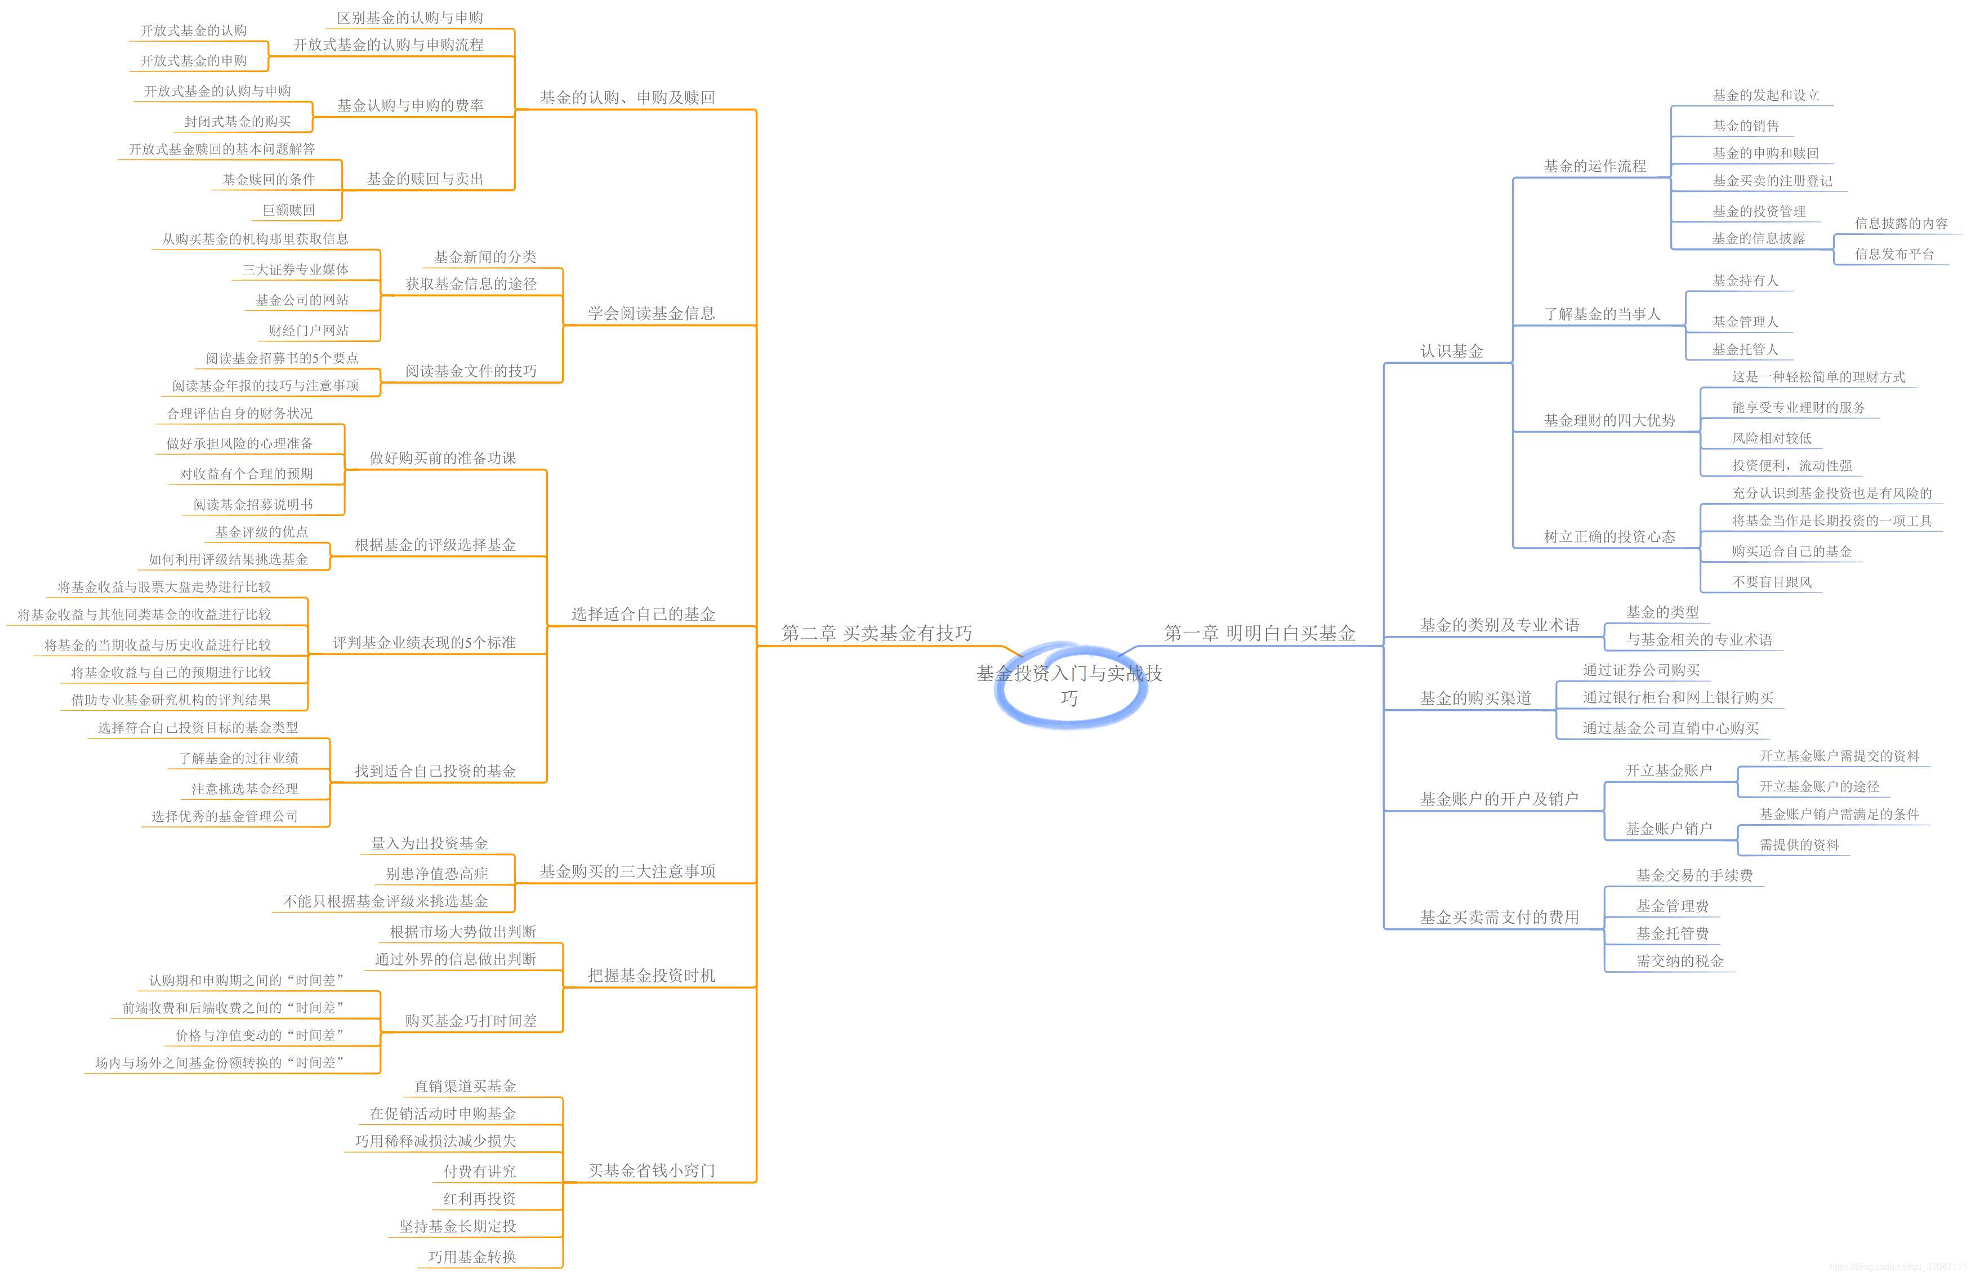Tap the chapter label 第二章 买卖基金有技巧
tap(876, 634)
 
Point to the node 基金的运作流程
tap(1594, 167)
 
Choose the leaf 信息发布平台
tap(1894, 254)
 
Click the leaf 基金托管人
tap(1745, 349)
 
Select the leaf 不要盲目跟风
tap(1772, 582)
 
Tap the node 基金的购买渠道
tap(1475, 698)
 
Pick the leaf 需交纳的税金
tap(1679, 960)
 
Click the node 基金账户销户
tap(1668, 828)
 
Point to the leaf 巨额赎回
tap(288, 210)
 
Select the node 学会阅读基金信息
tap(651, 313)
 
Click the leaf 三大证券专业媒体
tap(295, 269)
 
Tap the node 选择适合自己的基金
tap(643, 613)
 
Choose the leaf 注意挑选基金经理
tap(244, 789)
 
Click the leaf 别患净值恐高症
tap(436, 873)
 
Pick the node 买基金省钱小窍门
tap(651, 1170)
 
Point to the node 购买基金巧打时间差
tap(470, 1020)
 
